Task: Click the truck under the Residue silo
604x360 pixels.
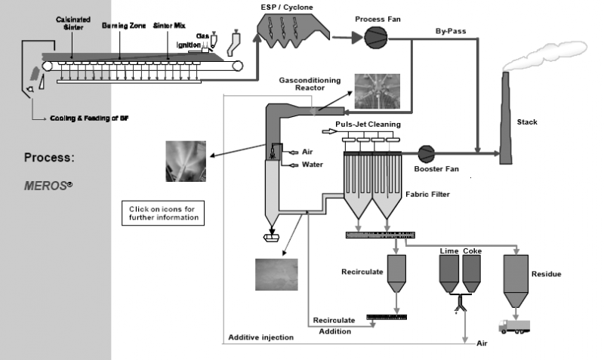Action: coord(513,326)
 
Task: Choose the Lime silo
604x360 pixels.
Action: coord(450,272)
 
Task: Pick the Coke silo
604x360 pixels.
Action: coord(472,272)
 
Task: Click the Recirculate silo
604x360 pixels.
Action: coord(396,274)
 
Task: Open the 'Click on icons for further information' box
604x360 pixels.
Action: coord(162,212)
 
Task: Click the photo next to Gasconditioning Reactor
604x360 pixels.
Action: coord(372,92)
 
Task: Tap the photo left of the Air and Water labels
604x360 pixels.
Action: coord(185,161)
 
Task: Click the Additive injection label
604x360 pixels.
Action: coord(261,337)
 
